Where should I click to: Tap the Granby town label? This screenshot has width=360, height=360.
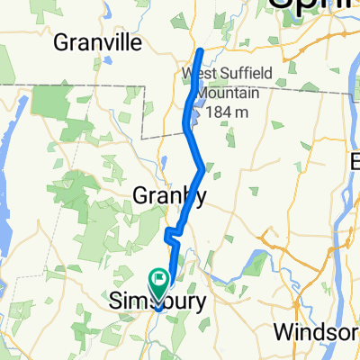point(170,195)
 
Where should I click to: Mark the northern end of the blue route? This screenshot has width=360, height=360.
point(199,50)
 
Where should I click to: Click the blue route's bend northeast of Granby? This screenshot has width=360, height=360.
point(200,168)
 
